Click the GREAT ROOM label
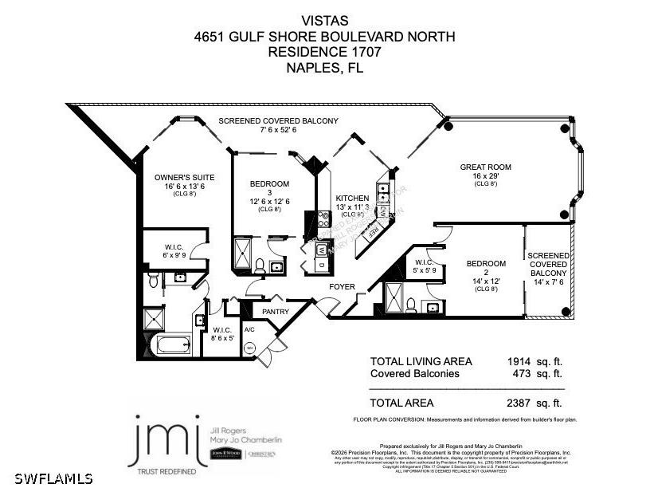[485, 167]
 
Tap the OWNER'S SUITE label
[184, 176]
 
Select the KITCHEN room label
[351, 198]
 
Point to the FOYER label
[343, 286]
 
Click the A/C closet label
[249, 329]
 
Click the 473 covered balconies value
[522, 373]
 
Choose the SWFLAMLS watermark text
[47, 478]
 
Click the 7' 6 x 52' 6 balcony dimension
[278, 130]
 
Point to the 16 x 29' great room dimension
[485, 175]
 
